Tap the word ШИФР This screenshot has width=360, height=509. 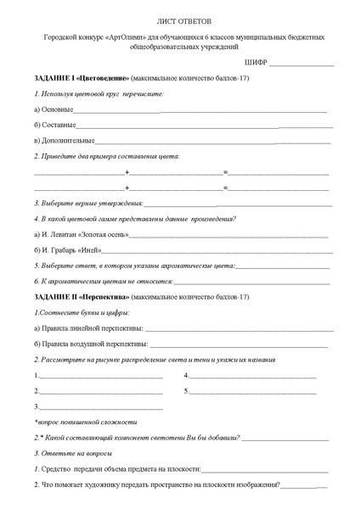point(255,64)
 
